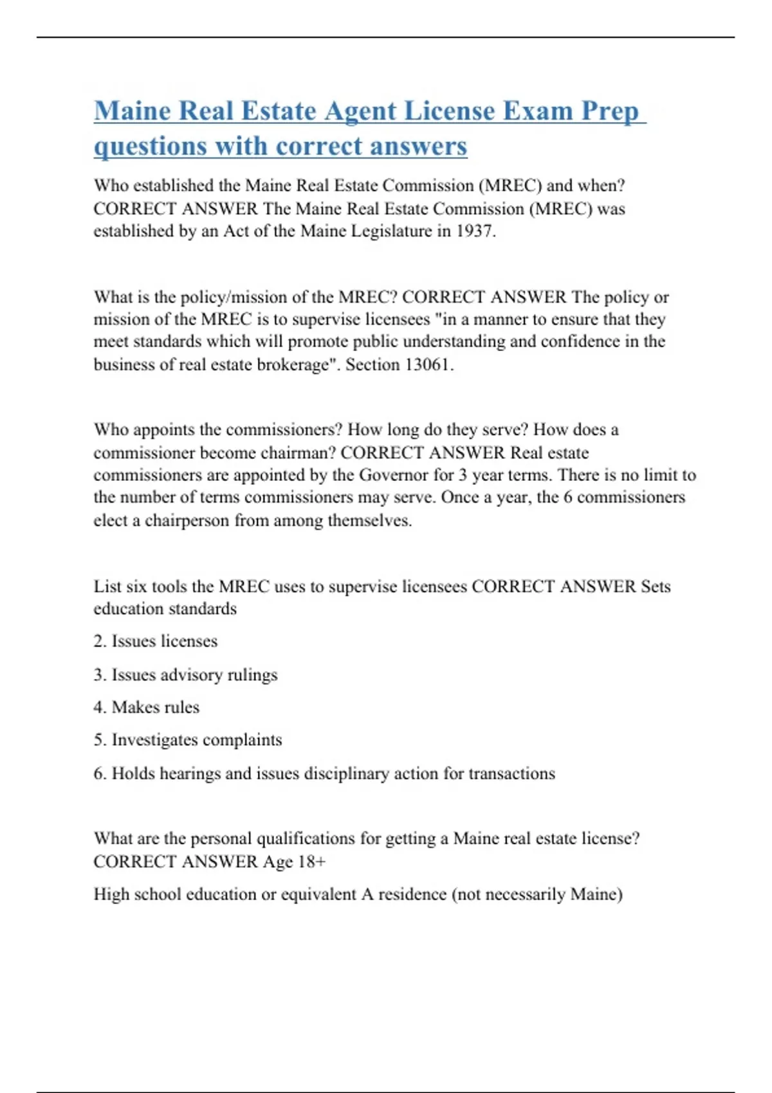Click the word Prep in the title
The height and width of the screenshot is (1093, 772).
click(610, 111)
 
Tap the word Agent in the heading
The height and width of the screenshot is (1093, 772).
click(360, 111)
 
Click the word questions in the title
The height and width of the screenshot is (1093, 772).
click(151, 147)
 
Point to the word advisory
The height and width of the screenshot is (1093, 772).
click(190, 675)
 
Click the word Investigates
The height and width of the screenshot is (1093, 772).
click(152, 740)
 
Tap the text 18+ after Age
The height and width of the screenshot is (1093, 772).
click(312, 862)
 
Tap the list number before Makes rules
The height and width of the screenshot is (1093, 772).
click(99, 707)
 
